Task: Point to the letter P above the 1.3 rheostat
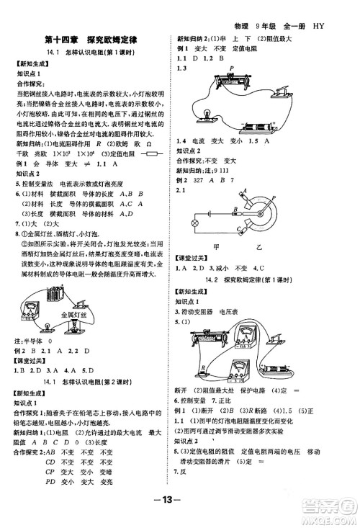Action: (x=232, y=69)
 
